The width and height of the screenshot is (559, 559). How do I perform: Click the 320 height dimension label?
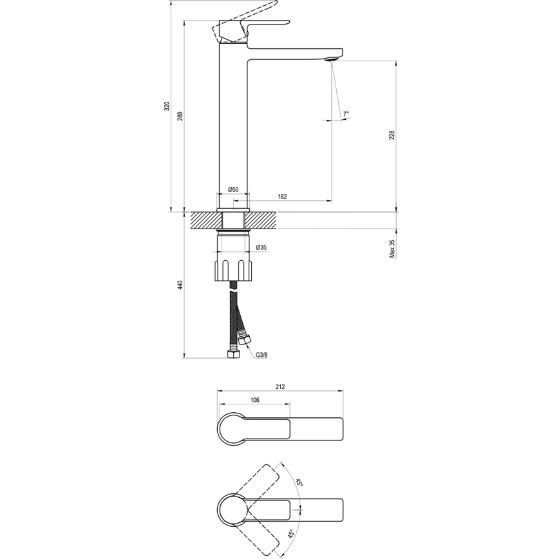(166, 107)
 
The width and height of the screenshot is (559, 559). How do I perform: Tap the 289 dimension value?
(180, 117)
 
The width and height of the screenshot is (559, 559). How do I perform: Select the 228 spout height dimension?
(391, 135)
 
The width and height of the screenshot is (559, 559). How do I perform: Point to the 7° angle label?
(346, 113)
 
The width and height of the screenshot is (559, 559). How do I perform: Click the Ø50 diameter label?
(232, 189)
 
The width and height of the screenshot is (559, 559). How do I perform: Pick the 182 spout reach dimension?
(282, 196)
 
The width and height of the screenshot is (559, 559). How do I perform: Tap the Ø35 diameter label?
(261, 247)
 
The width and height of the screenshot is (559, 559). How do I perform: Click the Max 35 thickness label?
(392, 249)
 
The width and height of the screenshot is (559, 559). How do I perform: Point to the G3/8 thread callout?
(262, 355)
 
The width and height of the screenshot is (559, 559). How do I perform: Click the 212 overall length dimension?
(279, 387)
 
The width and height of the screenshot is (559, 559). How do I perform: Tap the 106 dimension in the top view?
(254, 400)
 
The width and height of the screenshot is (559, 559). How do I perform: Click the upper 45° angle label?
(299, 483)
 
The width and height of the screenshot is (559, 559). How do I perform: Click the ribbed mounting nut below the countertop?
(232, 269)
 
